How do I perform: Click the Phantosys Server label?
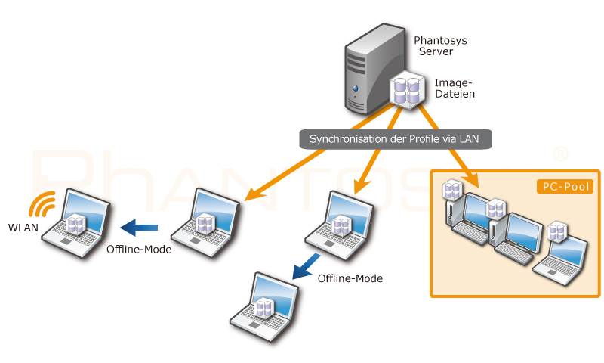tap(440, 46)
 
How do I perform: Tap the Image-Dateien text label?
tap(455, 88)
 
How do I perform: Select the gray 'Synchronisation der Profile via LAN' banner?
tap(396, 139)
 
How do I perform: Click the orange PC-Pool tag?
tap(565, 187)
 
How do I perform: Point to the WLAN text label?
tap(23, 228)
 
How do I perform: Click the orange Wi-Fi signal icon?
tap(42, 203)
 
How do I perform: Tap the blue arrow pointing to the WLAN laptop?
tap(139, 228)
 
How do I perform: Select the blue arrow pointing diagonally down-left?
tap(307, 266)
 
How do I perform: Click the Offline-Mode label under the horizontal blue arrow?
tap(139, 250)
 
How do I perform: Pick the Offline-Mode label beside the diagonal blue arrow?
tap(350, 278)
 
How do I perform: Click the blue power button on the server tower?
tap(355, 88)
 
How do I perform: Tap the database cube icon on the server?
tap(407, 90)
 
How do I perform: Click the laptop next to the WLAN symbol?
tap(76, 223)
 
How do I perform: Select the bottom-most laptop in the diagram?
tap(264, 307)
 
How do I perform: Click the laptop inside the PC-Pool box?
tap(560, 259)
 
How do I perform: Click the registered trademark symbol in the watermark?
tap(560, 154)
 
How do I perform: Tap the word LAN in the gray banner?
tap(469, 139)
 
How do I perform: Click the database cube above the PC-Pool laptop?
tap(557, 231)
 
